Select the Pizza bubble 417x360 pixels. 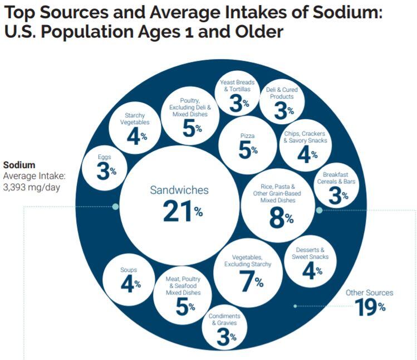[247, 145]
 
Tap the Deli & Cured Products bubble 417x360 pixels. [283, 103]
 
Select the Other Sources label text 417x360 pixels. [369, 293]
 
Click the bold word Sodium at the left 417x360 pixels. [19, 165]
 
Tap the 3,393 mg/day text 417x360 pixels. [31, 187]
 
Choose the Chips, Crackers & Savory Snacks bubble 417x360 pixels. [304, 145]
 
